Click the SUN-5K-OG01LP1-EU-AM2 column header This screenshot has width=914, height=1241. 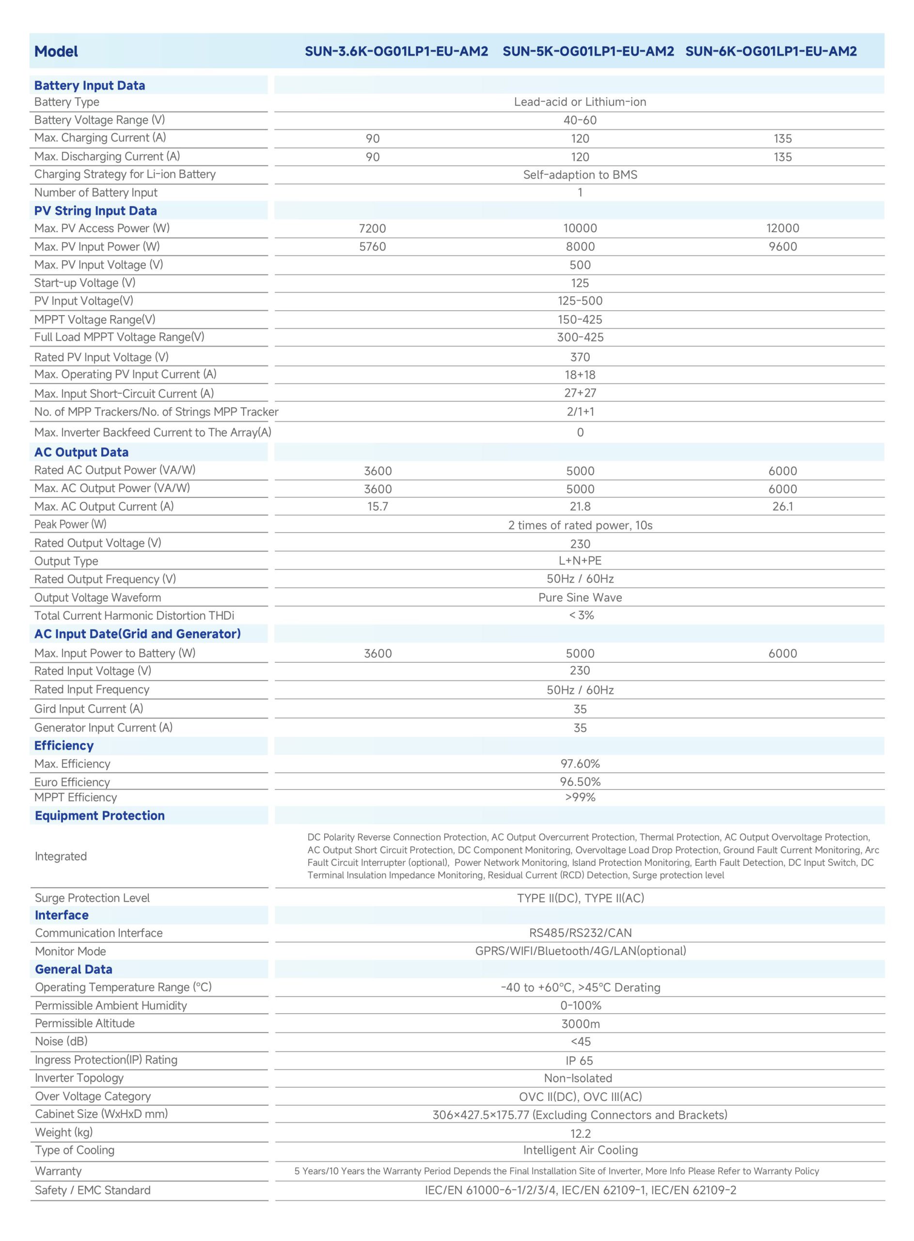588,51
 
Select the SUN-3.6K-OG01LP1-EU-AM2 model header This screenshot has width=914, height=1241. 396,51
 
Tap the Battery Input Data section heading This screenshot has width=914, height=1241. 90,85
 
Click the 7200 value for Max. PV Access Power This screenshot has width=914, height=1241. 372,228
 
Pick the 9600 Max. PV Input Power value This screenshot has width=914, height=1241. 782,246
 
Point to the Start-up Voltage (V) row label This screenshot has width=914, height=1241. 85,283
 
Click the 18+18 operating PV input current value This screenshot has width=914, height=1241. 580,375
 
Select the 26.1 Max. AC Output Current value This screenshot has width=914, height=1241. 782,506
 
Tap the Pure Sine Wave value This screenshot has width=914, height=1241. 580,598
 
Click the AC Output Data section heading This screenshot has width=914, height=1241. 81,452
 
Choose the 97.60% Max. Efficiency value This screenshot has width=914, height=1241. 580,764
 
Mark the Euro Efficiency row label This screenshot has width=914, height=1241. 72,782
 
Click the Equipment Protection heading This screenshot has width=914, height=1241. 99,815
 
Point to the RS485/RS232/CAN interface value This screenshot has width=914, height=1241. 580,933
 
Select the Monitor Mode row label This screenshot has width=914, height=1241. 70,951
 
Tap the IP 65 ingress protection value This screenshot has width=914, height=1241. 579,1061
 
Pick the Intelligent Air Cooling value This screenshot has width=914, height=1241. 580,1150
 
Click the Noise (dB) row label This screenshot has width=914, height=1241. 61,1041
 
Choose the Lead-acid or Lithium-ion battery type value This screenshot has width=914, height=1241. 580,102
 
